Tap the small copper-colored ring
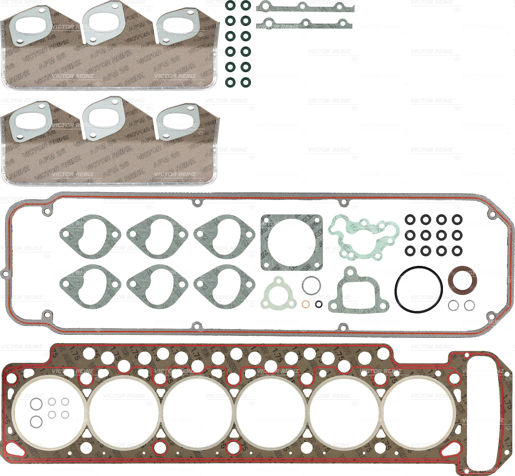306,304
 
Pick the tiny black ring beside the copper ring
319,304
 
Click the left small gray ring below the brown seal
453,305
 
